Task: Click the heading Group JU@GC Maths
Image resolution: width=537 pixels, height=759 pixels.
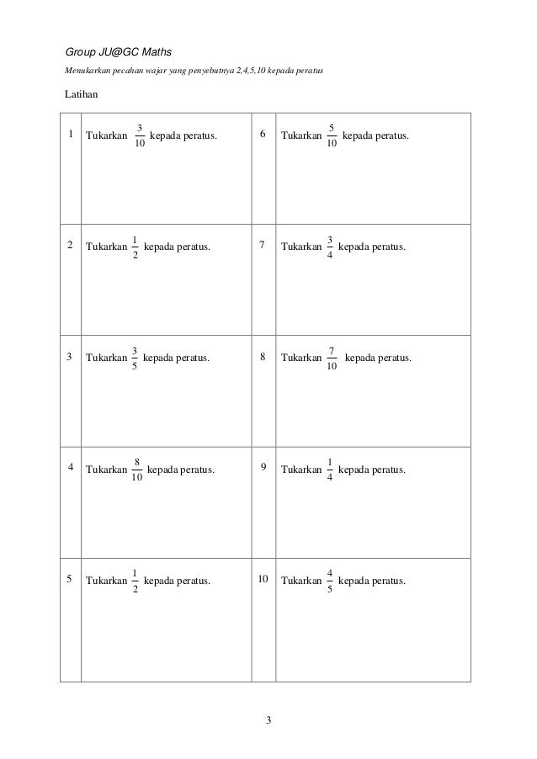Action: [118, 52]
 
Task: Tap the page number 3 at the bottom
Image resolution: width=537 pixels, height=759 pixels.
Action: [268, 720]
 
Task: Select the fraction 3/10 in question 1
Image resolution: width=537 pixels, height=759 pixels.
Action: [139, 135]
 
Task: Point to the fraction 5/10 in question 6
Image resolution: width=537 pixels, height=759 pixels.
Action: [332, 135]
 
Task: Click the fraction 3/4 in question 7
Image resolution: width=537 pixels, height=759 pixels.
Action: [330, 247]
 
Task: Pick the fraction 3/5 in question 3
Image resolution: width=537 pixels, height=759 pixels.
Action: [136, 358]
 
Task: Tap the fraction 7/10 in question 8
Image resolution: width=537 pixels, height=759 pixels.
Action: [332, 358]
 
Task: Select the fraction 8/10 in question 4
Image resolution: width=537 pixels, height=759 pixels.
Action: [137, 470]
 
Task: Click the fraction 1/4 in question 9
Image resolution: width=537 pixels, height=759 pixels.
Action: [330, 470]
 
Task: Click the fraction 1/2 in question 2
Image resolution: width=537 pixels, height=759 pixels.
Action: [136, 247]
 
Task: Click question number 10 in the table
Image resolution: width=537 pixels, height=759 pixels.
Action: [263, 580]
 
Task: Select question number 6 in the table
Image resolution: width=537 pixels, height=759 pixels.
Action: [264, 135]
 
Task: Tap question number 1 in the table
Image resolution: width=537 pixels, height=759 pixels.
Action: [71, 135]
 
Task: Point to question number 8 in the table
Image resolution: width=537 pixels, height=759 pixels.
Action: [264, 358]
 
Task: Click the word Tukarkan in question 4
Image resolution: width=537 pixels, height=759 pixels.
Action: [106, 470]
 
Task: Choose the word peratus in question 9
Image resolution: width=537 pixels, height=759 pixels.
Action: [387, 470]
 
